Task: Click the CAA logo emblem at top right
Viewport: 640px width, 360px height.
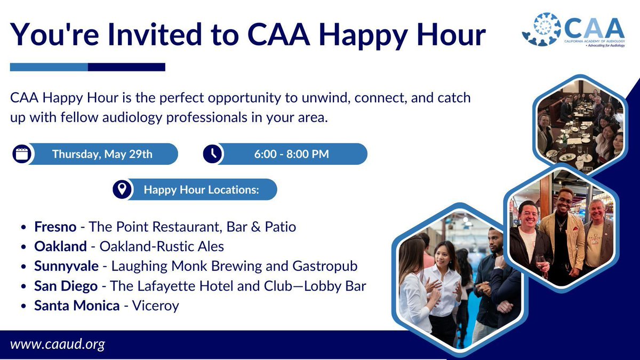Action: pos(541,29)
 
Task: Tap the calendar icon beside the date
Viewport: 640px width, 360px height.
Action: pos(22,154)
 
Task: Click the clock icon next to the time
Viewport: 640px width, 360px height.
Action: pos(212,154)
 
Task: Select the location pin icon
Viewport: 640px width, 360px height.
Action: pos(122,189)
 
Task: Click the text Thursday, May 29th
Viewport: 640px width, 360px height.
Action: pos(102,154)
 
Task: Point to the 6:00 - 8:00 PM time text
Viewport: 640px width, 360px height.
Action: pos(291,154)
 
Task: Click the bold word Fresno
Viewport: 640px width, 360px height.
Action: pos(55,227)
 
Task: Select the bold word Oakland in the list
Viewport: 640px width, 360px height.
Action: pos(60,246)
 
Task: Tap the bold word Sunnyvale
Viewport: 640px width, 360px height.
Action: pos(66,266)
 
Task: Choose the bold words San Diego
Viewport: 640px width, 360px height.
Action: pos(66,286)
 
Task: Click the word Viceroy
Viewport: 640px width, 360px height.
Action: pos(155,306)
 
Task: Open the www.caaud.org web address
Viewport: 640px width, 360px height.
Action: pos(58,345)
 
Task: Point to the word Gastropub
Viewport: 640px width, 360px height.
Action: pos(325,266)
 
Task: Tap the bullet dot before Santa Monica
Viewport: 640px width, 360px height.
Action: pos(23,306)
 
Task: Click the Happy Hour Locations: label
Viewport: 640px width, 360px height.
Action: pos(201,190)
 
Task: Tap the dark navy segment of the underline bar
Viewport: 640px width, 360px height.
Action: pos(126,67)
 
